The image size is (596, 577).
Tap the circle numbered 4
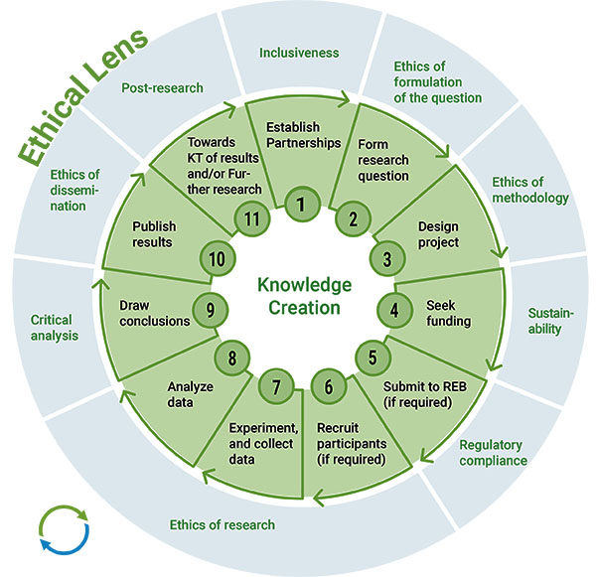394,309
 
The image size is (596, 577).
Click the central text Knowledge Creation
304,295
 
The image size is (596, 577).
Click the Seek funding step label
448,314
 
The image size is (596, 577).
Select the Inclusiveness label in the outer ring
298,53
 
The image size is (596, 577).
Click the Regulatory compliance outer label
491,453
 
